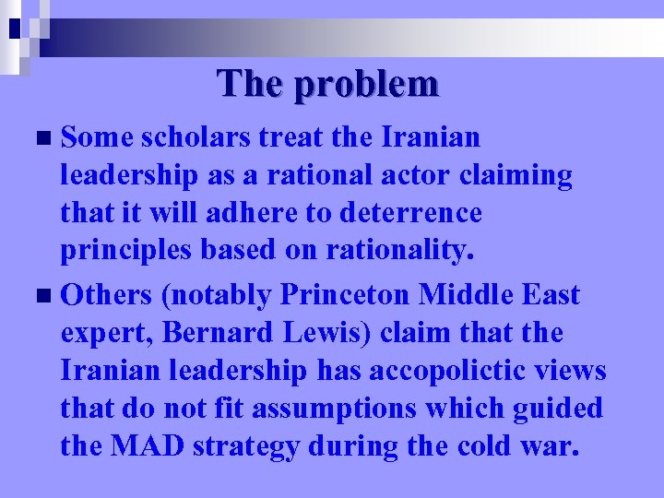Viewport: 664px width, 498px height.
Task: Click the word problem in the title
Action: [x=366, y=85]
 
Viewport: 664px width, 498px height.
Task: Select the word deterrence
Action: [x=411, y=213]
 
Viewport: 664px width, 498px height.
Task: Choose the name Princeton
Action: [x=348, y=295]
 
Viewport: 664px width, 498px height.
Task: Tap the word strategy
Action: [x=249, y=447]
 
